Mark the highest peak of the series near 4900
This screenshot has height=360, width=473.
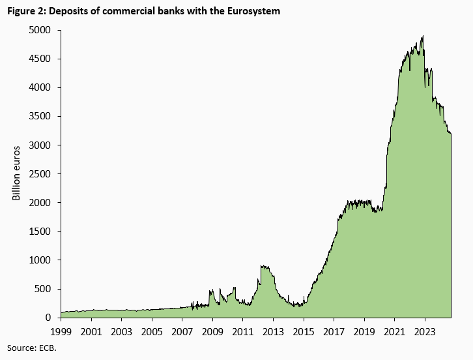click(x=423, y=37)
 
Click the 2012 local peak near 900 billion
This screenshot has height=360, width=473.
click(x=262, y=265)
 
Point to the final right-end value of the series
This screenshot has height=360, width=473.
click(x=451, y=134)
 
